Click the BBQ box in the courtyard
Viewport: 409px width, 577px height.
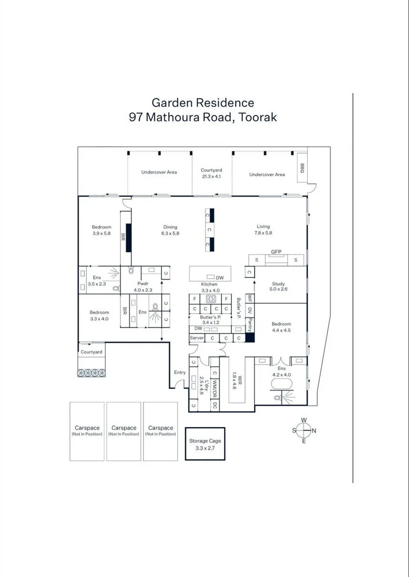coord(302,168)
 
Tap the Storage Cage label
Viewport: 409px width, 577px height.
coord(205,441)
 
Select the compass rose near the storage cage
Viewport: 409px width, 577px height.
coord(304,431)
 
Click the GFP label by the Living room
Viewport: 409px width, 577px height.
coord(276,252)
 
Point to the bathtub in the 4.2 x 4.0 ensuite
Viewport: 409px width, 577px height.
coord(281,384)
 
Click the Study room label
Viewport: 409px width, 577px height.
coord(278,284)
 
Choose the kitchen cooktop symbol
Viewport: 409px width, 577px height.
coord(211,299)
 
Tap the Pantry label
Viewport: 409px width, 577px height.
coord(249,325)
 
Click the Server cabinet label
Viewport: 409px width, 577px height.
coord(196,338)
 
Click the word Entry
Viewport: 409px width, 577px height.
coord(179,373)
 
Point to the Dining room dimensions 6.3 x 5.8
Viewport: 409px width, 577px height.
coord(170,233)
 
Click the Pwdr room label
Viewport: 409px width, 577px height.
coord(143,284)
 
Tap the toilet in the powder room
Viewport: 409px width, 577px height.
coord(131,270)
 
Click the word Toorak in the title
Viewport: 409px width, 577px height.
coord(257,117)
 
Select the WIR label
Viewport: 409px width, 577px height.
coord(239,380)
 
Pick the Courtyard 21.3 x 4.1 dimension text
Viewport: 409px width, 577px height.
coord(212,177)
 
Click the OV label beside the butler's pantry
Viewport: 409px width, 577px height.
coord(249,310)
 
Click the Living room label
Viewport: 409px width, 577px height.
coord(263,227)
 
